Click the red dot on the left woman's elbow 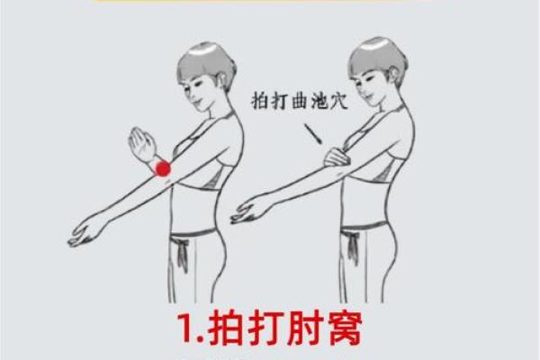(x=163, y=168)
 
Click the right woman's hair (x=376, y=58)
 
